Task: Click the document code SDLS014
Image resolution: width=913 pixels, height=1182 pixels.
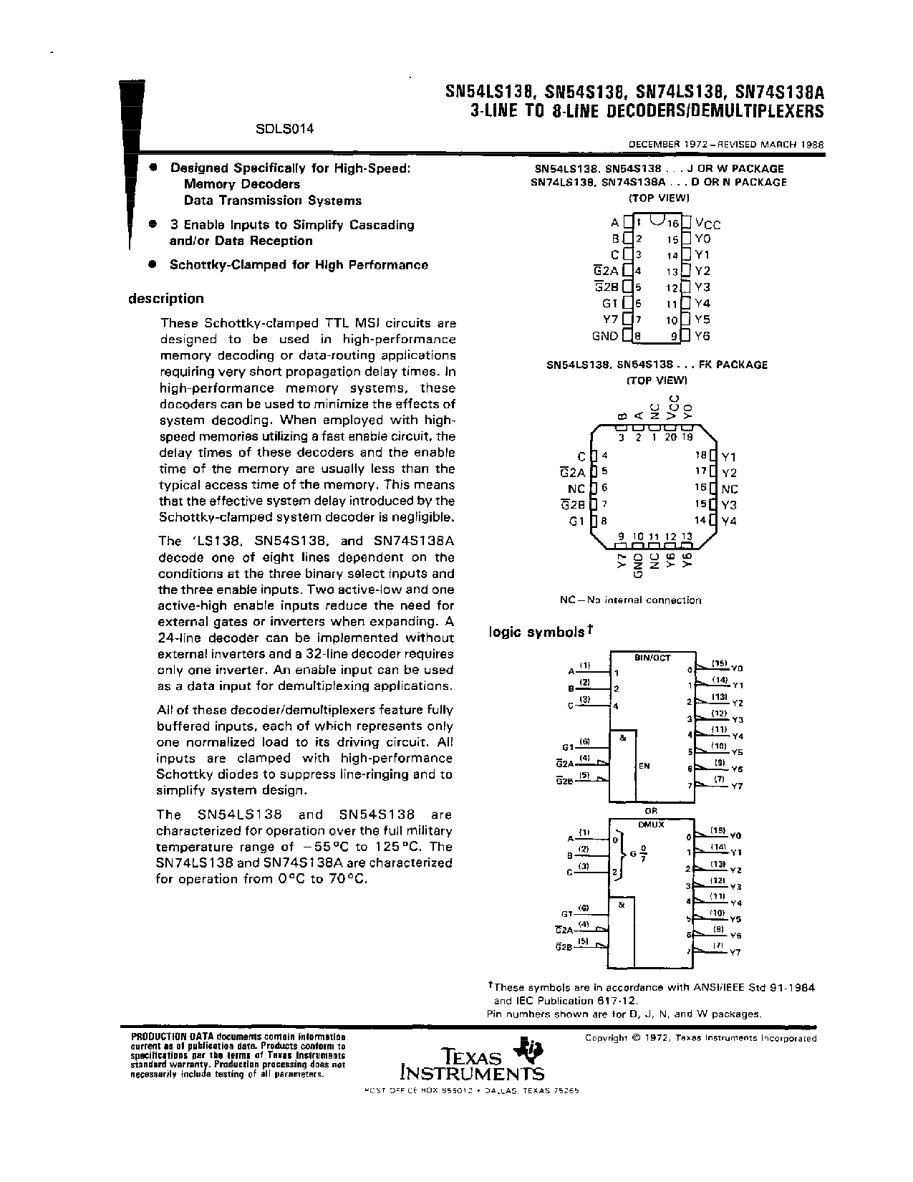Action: point(285,130)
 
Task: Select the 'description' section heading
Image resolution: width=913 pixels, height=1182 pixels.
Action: point(165,299)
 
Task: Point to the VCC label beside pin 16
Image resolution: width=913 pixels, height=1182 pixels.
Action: point(708,224)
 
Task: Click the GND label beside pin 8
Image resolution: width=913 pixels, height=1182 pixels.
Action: point(604,336)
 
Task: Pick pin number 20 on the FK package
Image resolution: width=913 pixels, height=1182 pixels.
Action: point(670,437)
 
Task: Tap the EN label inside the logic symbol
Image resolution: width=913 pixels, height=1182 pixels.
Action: point(644,766)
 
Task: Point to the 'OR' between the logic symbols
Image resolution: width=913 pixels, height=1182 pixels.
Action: point(650,811)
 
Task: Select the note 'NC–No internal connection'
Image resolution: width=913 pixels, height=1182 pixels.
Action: point(630,600)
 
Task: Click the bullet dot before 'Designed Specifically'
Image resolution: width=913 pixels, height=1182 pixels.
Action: point(152,167)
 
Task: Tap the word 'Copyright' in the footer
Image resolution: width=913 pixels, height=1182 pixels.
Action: point(607,1037)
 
